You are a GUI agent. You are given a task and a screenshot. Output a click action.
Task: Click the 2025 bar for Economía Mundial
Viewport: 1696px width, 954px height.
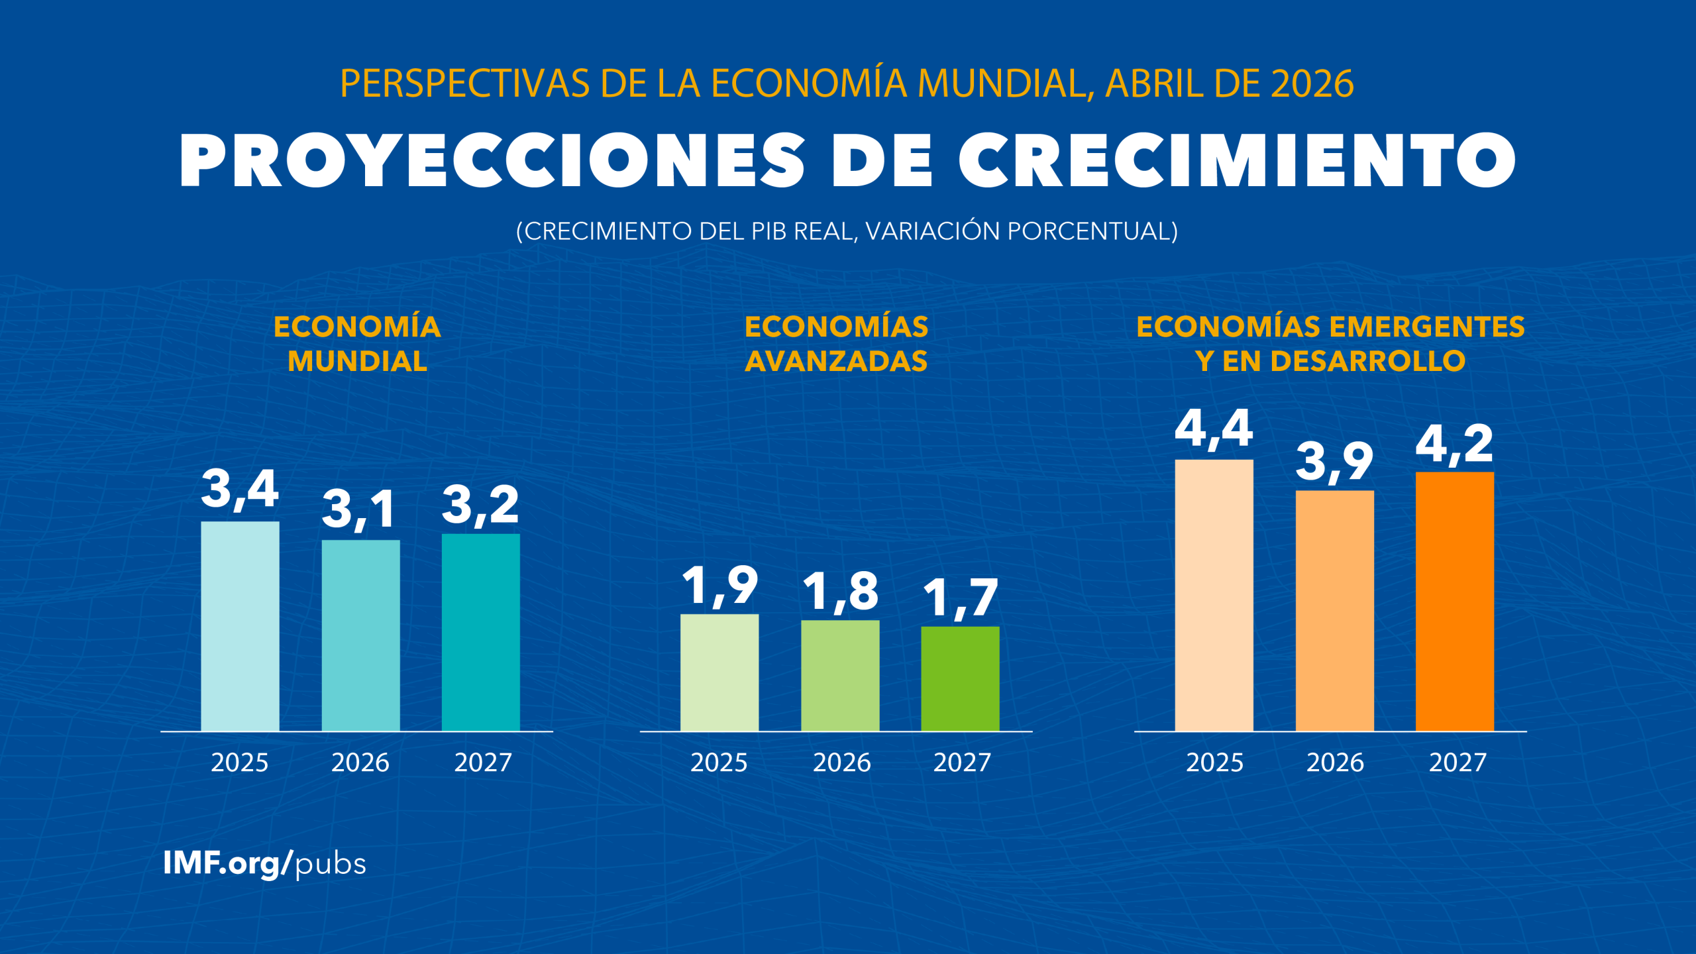[240, 626]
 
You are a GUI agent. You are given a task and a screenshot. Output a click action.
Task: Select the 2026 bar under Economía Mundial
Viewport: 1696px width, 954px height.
[360, 635]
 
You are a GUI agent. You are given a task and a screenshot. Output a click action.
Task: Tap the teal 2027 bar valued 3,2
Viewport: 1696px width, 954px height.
[480, 632]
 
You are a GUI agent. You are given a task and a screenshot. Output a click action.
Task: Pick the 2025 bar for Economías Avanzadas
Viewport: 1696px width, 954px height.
[719, 672]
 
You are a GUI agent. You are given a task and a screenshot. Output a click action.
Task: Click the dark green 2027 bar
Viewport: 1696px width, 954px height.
[960, 678]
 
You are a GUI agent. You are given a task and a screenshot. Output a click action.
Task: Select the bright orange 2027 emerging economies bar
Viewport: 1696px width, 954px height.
[1454, 601]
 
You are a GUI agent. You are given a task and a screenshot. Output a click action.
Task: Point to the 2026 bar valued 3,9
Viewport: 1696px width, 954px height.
[1334, 610]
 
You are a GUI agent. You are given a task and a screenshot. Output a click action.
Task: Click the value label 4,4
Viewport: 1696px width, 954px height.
[1213, 429]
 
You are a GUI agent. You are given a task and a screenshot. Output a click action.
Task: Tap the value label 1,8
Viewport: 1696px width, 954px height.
[840, 591]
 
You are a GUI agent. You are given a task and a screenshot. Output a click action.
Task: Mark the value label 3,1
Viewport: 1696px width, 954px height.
[359, 509]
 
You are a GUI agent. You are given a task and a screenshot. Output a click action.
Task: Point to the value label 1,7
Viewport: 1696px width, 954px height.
[960, 598]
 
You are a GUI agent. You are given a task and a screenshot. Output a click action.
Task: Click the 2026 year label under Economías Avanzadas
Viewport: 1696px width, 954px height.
[841, 763]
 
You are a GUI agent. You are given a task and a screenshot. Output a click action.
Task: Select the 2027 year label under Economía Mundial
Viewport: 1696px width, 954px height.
[482, 763]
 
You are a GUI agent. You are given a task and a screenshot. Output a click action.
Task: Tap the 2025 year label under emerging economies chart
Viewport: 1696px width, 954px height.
[1214, 763]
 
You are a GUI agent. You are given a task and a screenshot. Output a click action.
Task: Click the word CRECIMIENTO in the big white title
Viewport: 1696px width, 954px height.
[1236, 160]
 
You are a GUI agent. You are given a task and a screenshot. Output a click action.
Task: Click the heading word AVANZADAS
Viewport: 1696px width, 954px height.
[836, 361]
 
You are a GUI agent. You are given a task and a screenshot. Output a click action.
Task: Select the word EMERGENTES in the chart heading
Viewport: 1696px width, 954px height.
[1426, 327]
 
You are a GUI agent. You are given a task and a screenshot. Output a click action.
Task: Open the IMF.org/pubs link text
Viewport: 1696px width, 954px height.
[264, 864]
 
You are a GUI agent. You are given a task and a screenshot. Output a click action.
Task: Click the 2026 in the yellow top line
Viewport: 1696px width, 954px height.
[1312, 83]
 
